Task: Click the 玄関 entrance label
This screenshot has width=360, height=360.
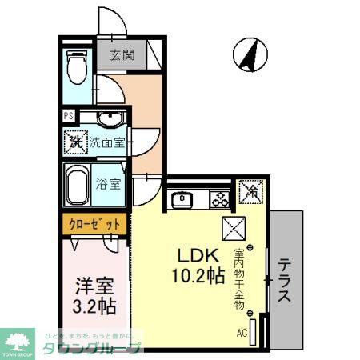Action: (x=122, y=56)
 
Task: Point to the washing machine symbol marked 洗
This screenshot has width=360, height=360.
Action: (x=75, y=144)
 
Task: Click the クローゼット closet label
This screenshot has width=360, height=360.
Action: (x=94, y=225)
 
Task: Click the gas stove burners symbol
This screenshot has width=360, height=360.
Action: (x=218, y=198)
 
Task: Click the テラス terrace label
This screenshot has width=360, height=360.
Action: (x=284, y=282)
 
